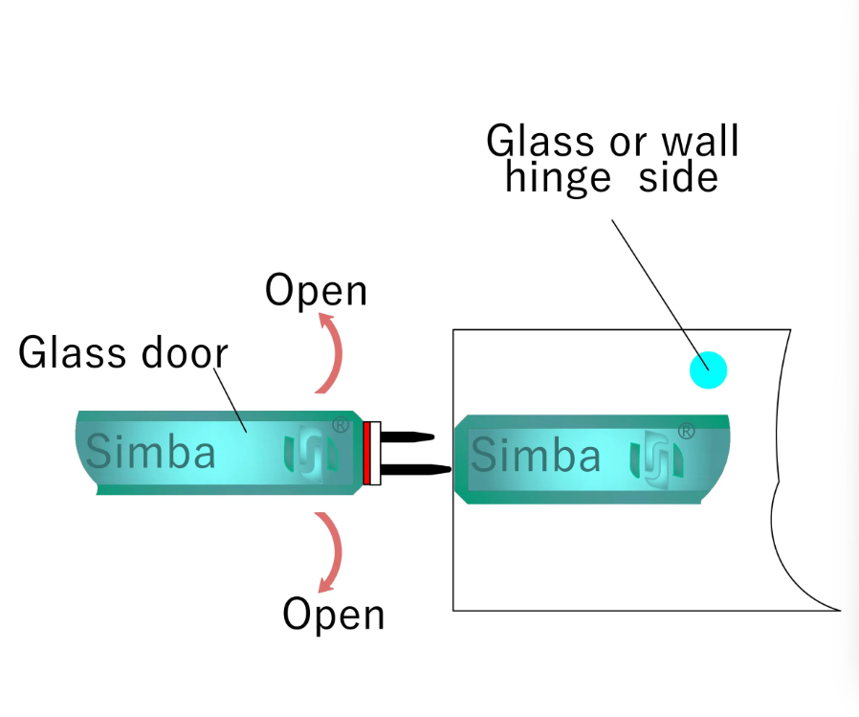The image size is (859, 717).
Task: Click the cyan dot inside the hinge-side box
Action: pos(708,370)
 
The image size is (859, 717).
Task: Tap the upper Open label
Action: pos(316,291)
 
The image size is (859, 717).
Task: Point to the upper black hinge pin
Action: pos(408,437)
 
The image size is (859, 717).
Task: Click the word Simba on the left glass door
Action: pos(151,452)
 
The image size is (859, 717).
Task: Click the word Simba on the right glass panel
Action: pos(536,456)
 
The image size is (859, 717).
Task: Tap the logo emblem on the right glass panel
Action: pos(656,457)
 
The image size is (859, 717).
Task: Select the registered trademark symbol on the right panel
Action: pos(686,431)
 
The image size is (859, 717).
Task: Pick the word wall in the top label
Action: pos(698,142)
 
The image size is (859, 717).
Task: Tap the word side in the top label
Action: pos(681,177)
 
